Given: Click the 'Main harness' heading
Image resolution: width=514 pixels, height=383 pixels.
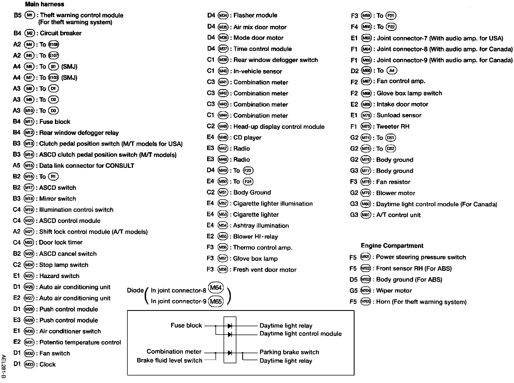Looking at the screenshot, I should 44,4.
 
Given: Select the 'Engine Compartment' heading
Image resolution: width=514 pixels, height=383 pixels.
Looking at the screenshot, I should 392,246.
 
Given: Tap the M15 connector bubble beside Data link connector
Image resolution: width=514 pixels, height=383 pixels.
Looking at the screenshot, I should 29,166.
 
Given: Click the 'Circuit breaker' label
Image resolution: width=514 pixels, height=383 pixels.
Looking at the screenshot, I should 60,33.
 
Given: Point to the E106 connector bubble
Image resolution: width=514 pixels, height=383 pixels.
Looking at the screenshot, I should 54,45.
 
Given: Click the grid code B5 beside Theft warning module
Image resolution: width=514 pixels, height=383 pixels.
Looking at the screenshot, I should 17,15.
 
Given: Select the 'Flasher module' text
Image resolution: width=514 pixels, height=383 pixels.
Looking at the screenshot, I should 255,15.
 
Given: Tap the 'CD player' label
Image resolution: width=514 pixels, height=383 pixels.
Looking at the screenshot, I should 247,138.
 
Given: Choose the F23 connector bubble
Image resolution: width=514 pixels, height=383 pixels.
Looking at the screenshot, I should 248,171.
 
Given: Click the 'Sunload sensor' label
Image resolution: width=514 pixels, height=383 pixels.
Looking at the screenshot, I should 399,115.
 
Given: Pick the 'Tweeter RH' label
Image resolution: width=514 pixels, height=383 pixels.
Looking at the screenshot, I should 393,127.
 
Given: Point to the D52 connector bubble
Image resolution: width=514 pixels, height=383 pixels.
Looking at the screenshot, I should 391,149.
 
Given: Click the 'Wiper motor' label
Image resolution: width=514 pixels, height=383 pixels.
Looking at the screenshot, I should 394,291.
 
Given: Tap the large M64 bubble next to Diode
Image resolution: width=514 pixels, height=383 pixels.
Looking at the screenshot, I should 216,288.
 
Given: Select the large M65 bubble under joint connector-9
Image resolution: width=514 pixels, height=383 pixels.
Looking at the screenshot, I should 216,301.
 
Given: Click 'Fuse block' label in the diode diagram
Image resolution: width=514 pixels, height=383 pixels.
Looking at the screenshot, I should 186,325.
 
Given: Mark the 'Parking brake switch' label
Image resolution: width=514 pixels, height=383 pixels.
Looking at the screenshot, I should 289,352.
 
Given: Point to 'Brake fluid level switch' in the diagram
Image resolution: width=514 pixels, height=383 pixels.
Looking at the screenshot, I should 169,360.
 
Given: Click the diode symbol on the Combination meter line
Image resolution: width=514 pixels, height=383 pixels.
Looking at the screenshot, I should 230,353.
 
